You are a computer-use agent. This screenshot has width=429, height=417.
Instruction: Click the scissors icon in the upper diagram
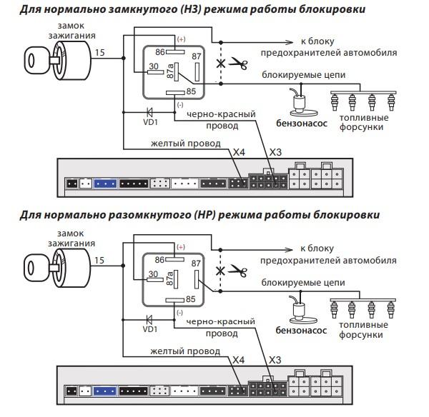tap(238, 64)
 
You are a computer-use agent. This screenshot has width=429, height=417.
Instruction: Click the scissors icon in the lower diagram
tap(238, 271)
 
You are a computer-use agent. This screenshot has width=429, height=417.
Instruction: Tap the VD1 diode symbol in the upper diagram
tap(149, 112)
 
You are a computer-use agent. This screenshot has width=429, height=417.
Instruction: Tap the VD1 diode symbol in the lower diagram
tap(149, 319)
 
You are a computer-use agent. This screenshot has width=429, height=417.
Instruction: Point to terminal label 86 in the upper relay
tap(160, 52)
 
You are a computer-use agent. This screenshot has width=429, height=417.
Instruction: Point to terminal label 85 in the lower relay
tap(191, 299)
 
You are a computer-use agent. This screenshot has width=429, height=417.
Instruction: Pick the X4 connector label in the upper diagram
tap(239, 152)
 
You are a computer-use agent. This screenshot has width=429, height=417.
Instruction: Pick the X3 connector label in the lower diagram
tap(275, 360)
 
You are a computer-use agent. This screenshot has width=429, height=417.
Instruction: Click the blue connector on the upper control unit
tap(105, 184)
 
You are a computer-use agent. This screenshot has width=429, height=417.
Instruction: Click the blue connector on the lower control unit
tap(105, 391)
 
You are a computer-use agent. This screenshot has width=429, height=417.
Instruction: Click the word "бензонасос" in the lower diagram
tap(301, 331)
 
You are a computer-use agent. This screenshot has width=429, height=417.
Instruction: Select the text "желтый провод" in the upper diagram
tap(186, 144)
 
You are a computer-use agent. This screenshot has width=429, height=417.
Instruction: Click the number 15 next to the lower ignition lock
tap(99, 260)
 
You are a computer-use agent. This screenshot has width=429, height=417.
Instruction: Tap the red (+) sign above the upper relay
tap(181, 39)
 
